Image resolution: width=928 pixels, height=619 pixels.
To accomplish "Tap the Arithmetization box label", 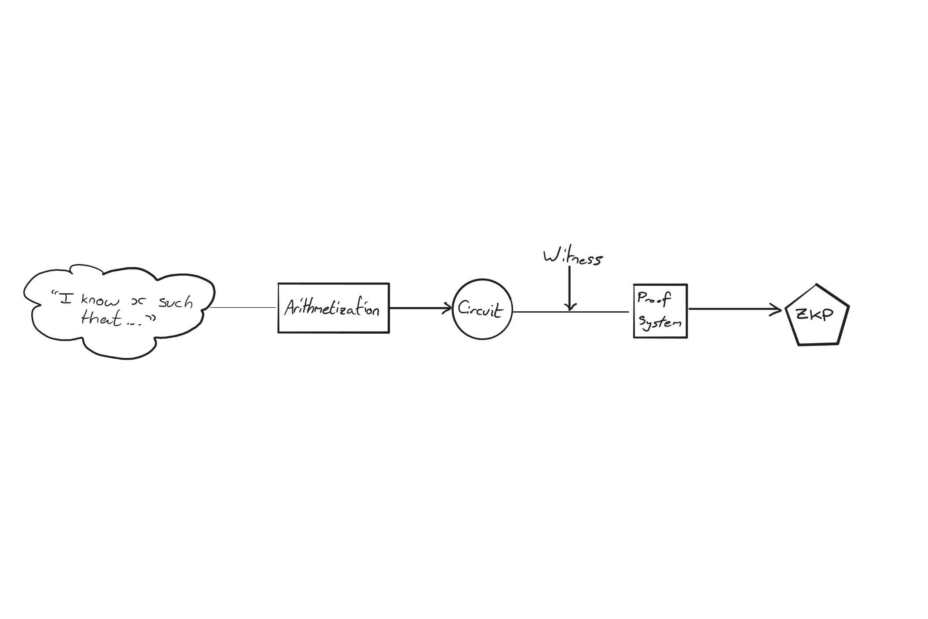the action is [332, 308].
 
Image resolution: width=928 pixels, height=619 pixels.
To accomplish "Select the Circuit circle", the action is [483, 309].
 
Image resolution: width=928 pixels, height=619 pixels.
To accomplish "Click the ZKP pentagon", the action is [817, 315].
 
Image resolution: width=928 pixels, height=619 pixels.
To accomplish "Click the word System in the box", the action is [660, 323].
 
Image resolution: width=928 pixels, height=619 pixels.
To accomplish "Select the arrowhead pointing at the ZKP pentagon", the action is [775, 309].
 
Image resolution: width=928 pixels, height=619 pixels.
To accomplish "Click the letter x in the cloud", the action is [138, 302].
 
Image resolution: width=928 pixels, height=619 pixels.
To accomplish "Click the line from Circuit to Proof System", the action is [571, 312].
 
